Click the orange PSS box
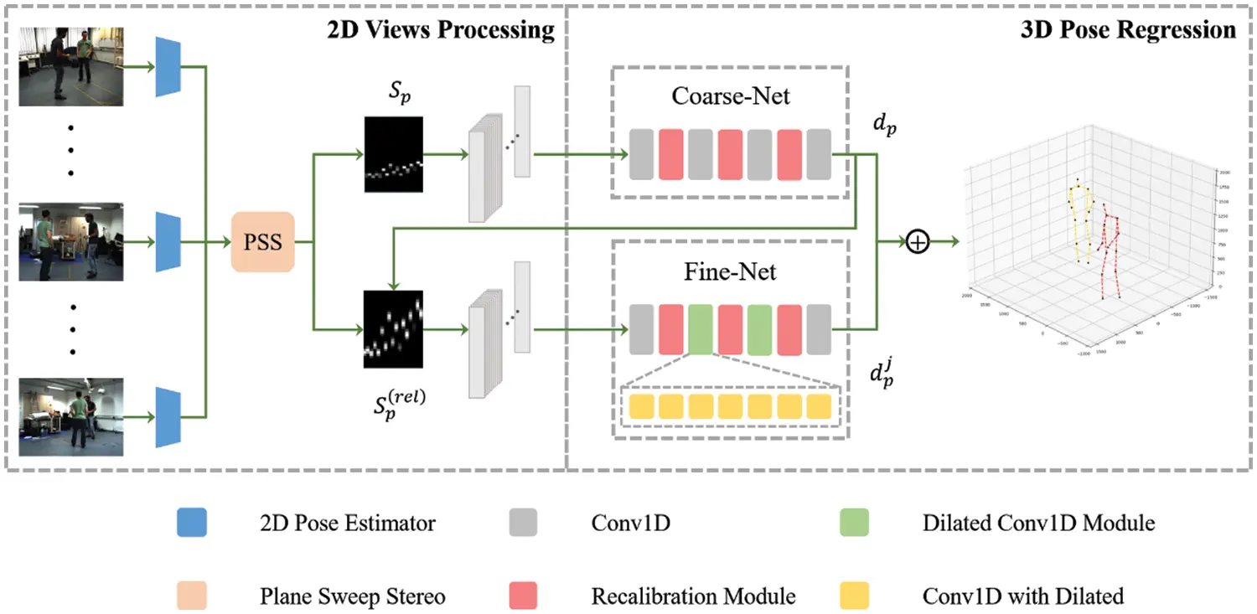(x=262, y=244)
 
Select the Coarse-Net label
(x=731, y=95)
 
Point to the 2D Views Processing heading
(x=441, y=30)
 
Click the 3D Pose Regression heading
(x=1128, y=30)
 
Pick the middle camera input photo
(x=71, y=241)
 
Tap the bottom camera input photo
(x=71, y=416)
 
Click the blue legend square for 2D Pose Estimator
(x=192, y=524)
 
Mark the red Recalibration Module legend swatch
(x=523, y=596)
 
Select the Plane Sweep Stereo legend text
(x=353, y=596)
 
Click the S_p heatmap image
(x=393, y=155)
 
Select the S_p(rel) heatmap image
(x=393, y=328)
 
